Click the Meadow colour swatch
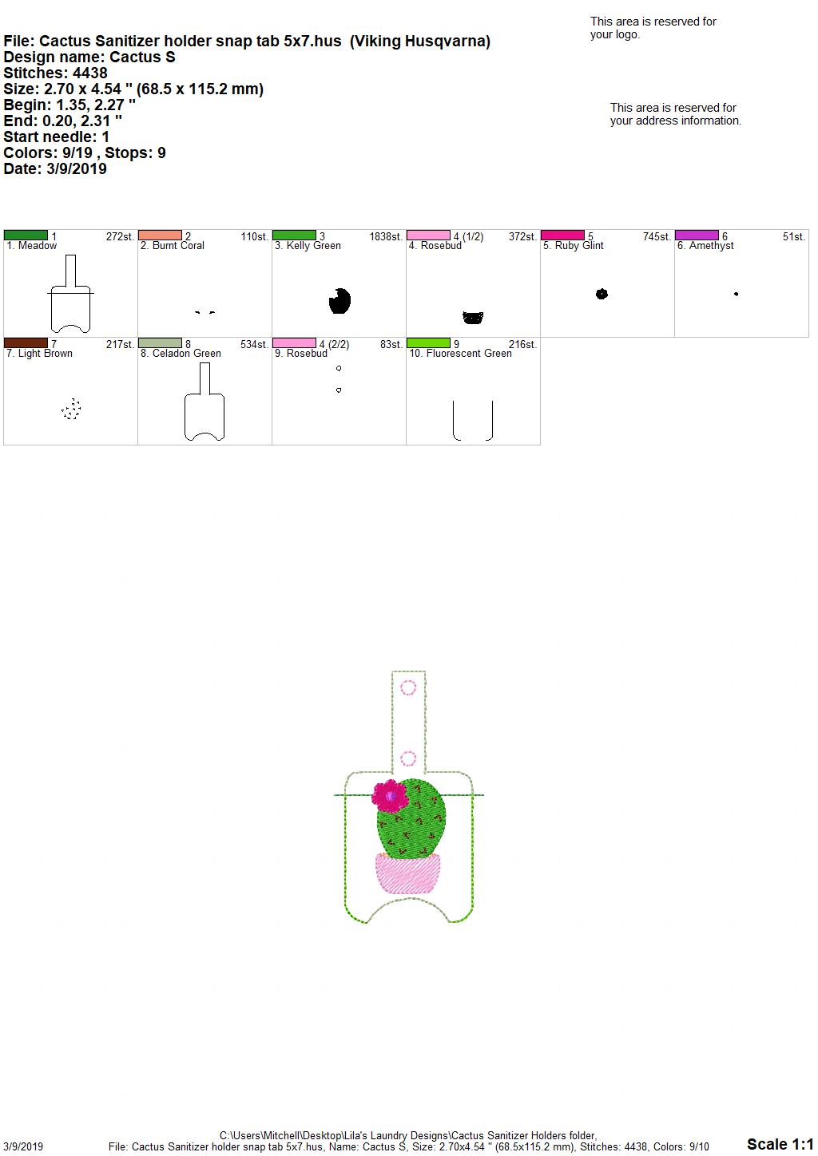[26, 236]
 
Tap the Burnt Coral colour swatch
[160, 236]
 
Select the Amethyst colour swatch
[697, 236]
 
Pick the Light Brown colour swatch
[26, 343]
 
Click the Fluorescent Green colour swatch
[428, 343]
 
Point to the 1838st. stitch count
[386, 237]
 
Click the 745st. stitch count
[657, 237]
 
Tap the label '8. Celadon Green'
[181, 354]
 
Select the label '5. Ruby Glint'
[574, 246]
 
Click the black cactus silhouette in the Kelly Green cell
[340, 301]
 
